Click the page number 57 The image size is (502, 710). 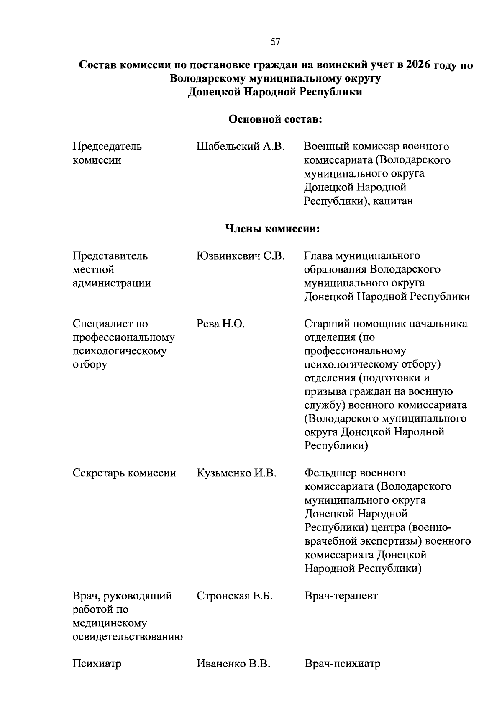pos(275,41)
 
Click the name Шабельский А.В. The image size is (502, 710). pos(240,147)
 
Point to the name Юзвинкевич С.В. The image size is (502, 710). pos(241,255)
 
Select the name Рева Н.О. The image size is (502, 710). pos(220,324)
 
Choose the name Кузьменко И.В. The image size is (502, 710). pos(236,473)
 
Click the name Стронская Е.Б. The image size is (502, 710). pos(234,596)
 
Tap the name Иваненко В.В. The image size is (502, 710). pos(233,664)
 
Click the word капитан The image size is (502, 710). pos(393,201)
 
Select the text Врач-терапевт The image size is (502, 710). pos(341,596)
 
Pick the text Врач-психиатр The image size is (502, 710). pos(342,664)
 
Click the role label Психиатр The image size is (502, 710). pos(97,664)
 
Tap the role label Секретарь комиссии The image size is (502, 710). pos(124,473)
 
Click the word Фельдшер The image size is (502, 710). pos(330,473)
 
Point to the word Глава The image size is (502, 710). pos(318,255)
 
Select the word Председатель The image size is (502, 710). pos(107,147)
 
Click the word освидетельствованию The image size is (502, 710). pos(128,637)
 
